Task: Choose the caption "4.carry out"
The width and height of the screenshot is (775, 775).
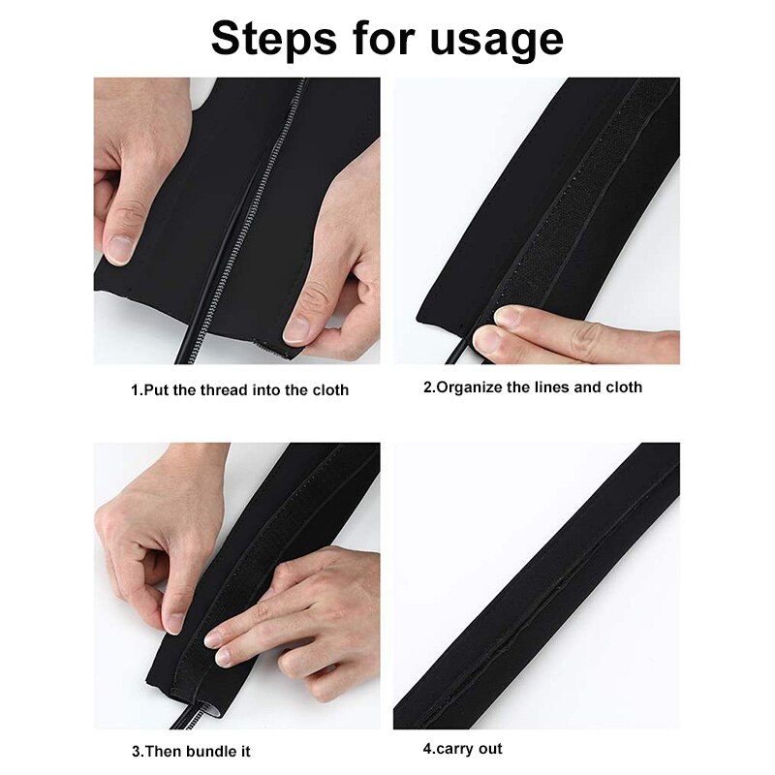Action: pos(462,749)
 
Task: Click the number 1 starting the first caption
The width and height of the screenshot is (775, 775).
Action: pos(135,390)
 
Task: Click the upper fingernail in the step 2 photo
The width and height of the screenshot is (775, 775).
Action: pos(506,316)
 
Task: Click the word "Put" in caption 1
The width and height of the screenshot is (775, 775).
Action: pos(157,390)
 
